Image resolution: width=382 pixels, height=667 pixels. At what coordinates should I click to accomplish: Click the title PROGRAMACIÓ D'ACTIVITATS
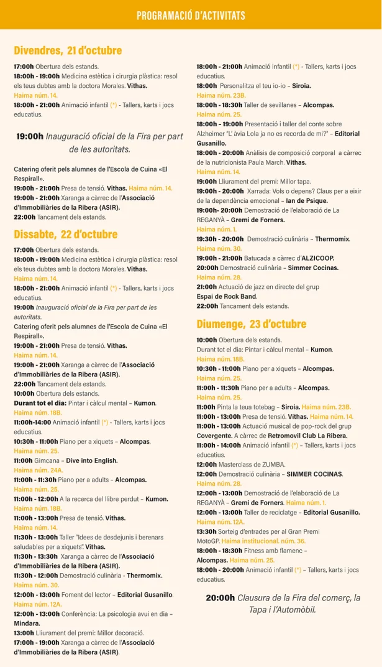pos(191,16)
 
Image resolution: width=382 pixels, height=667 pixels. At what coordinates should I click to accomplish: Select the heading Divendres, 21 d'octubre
pos(68,50)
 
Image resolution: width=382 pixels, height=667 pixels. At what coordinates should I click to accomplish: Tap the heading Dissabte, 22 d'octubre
pos(65,235)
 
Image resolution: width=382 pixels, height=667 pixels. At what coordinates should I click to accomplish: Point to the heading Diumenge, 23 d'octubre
pos(251,324)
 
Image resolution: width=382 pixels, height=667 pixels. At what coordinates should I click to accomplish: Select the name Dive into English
pos(92,460)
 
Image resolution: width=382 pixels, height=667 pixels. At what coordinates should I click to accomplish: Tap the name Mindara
pos(27,623)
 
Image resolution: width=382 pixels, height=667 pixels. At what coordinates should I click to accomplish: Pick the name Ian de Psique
pos(307,200)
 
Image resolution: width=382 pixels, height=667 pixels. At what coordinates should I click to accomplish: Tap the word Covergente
pos(214,436)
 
